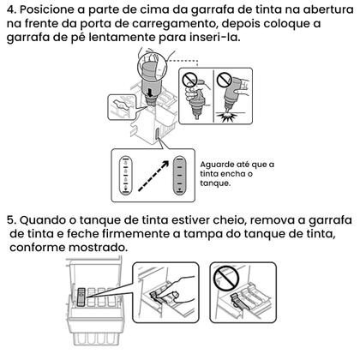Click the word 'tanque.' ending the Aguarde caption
(x=216, y=183)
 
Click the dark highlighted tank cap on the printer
(x=80, y=297)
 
